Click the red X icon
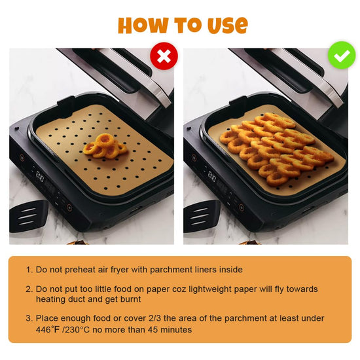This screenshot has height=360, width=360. click(x=164, y=56)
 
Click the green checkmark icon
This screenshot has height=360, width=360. click(x=342, y=55)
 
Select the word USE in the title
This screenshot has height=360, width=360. click(x=228, y=25)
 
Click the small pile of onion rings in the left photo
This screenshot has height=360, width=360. click(x=105, y=146)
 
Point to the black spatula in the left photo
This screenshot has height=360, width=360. click(x=28, y=216)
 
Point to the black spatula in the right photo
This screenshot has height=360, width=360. click(x=202, y=216)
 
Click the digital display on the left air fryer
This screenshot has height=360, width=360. click(x=39, y=176)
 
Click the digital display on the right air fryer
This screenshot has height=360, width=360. click(x=211, y=176)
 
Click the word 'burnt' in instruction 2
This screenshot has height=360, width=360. click(x=131, y=299)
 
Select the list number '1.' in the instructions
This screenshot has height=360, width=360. click(x=29, y=270)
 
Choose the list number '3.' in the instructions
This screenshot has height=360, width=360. click(x=29, y=319)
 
